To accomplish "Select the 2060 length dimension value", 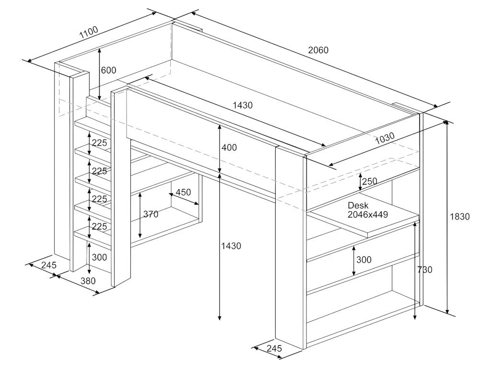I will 318,50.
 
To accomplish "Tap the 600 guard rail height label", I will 108,70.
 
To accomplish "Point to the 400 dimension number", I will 229,148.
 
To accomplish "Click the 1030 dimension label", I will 385,138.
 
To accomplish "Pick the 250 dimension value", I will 370,181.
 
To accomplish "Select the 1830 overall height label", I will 460,217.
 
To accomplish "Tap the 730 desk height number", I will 424,270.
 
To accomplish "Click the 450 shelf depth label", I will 183,193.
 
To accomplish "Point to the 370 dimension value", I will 151,215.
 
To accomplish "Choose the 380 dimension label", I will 88,281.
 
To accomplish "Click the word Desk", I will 358,206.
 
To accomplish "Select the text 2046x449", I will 368,215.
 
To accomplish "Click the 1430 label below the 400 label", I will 231,246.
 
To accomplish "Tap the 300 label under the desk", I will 364,260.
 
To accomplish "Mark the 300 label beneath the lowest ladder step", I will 99,257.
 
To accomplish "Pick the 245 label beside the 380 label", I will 48,265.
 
